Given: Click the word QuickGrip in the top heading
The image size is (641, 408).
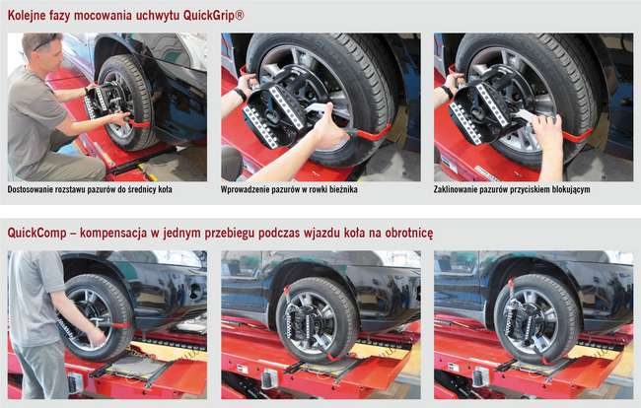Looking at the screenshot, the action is pyautogui.click(x=210, y=16).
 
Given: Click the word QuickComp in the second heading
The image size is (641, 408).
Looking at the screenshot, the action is pyautogui.click(x=36, y=233).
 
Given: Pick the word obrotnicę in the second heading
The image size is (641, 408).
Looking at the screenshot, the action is pyautogui.click(x=408, y=234).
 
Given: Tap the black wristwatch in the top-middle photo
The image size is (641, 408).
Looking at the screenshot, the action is pyautogui.click(x=241, y=95).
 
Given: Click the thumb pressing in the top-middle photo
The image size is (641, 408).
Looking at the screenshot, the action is pyautogui.click(x=327, y=112).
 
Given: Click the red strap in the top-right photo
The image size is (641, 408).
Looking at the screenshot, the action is pyautogui.click(x=578, y=136).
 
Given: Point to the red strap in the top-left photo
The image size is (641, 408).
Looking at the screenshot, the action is pyautogui.click(x=139, y=123).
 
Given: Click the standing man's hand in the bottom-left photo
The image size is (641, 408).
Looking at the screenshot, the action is pyautogui.click(x=97, y=336).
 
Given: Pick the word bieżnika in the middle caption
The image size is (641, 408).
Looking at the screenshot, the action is pyautogui.click(x=342, y=189).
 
